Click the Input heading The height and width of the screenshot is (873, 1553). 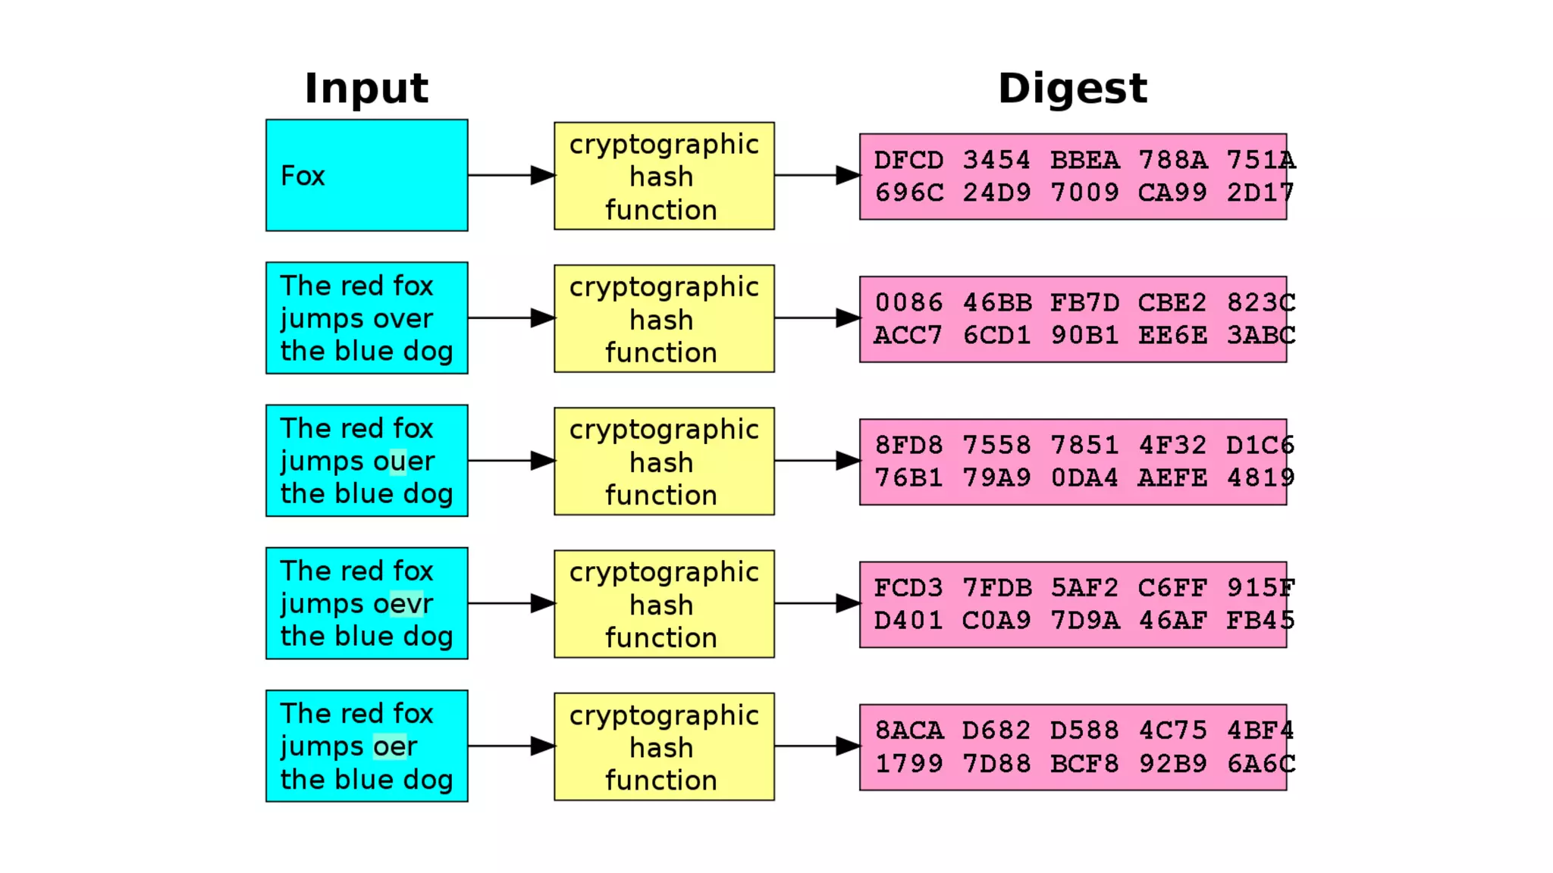pyautogui.click(x=366, y=88)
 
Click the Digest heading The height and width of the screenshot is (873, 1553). pyautogui.click(x=1072, y=88)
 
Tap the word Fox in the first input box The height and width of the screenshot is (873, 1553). pyautogui.click(x=303, y=176)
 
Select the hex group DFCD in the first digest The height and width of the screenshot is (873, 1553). pyautogui.click(x=908, y=160)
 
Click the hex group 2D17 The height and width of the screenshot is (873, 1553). pyautogui.click(x=1260, y=192)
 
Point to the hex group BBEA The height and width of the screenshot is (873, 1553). pyautogui.click(x=1084, y=160)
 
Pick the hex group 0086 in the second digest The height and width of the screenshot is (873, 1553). pyautogui.click(x=908, y=302)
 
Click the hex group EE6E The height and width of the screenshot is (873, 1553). pyautogui.click(x=1172, y=335)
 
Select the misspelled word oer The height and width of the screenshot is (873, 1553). pyautogui.click(x=395, y=746)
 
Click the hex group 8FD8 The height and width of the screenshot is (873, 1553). pyautogui.click(x=908, y=445)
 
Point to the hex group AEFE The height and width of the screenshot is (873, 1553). pyautogui.click(x=1172, y=477)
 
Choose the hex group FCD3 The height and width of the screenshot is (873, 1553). pyautogui.click(x=908, y=587)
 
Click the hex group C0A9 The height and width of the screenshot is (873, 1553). pyautogui.click(x=996, y=621)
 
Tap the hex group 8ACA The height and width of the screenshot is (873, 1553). pyautogui.click(x=908, y=730)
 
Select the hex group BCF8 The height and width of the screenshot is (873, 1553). pyautogui.click(x=1084, y=763)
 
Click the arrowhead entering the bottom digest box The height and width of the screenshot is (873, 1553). pyautogui.click(x=847, y=746)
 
